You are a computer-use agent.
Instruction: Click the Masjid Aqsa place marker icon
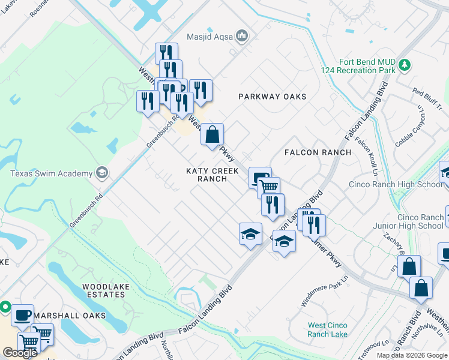click(242, 37)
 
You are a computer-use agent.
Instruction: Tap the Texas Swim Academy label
click(51, 173)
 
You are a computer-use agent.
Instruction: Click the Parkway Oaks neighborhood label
click(272, 97)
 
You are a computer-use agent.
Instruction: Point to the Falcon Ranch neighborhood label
click(318, 152)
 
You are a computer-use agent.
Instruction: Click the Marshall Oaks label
click(70, 315)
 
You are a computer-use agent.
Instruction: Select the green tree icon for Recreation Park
click(405, 64)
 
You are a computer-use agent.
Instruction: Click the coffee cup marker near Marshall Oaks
click(23, 314)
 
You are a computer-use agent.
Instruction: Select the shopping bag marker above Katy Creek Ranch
click(212, 134)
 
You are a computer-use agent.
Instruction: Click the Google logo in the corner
click(20, 353)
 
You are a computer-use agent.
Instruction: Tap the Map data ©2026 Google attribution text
click(411, 355)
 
